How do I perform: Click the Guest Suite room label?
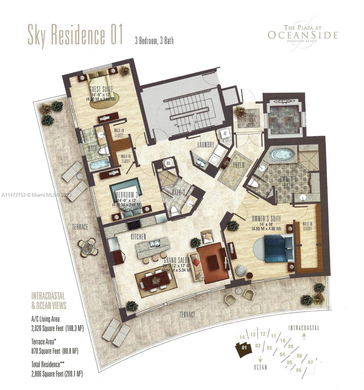coord(101,88)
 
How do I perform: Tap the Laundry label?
coord(206,145)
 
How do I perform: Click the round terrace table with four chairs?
coord(88,248)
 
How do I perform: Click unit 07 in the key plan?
coord(310,362)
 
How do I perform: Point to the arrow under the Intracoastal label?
coord(304,336)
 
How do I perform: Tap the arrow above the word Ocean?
coord(260,359)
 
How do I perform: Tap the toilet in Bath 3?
coord(175,211)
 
